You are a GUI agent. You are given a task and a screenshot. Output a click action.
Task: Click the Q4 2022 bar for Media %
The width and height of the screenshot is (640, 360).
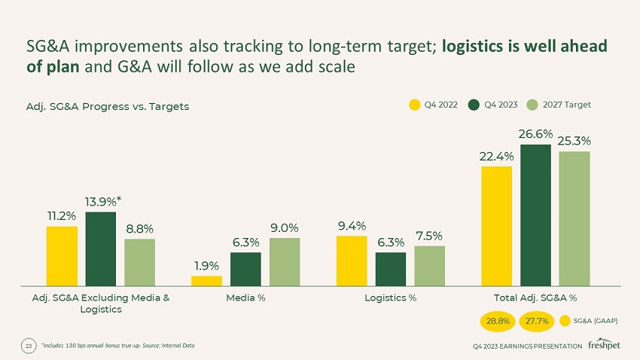[206, 281]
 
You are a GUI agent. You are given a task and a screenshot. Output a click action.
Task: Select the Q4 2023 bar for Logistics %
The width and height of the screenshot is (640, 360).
[391, 269]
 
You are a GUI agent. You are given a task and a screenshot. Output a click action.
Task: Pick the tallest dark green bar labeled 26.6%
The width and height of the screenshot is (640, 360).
[535, 215]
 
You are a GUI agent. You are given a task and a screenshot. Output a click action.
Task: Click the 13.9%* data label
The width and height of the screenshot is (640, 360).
[102, 203]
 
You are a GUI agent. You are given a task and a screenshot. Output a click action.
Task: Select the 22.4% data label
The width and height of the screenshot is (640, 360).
[496, 157]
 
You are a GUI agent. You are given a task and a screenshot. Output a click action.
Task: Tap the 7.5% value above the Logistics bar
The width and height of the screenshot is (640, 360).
[429, 236]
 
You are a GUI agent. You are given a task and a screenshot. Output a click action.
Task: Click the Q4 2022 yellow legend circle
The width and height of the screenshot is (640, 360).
[414, 105]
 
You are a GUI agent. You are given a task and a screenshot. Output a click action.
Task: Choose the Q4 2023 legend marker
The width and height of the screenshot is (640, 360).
[474, 105]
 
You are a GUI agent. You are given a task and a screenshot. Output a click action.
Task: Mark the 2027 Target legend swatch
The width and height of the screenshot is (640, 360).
[532, 105]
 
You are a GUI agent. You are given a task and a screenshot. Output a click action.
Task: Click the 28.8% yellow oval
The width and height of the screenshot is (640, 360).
[497, 322]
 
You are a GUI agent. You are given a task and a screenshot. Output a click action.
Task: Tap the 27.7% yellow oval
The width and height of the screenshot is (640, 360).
[536, 322]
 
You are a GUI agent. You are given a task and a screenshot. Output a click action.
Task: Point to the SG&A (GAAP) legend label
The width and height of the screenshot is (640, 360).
[596, 322]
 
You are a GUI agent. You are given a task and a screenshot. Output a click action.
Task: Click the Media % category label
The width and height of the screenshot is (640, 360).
[245, 297]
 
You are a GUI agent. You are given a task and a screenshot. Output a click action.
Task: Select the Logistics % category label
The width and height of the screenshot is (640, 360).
[390, 297]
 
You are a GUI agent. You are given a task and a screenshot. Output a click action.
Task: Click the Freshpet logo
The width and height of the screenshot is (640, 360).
[605, 346]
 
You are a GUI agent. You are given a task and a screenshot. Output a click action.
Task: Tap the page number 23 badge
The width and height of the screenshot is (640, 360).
[29, 346]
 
